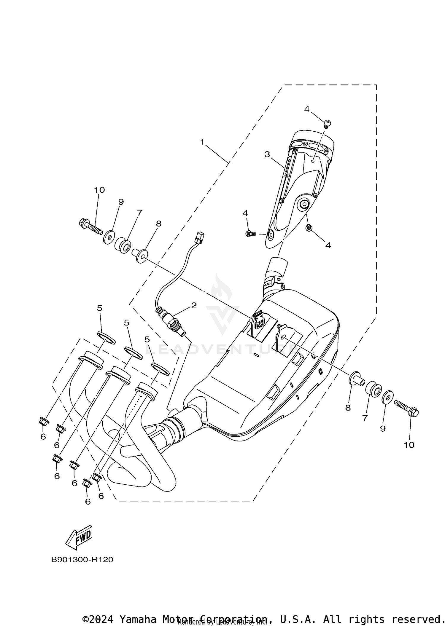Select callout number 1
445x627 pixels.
(202, 142)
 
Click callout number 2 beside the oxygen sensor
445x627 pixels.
(194, 305)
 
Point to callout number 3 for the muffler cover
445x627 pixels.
(267, 154)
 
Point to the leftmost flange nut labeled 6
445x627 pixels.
(44, 421)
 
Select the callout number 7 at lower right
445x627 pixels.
(365, 418)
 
